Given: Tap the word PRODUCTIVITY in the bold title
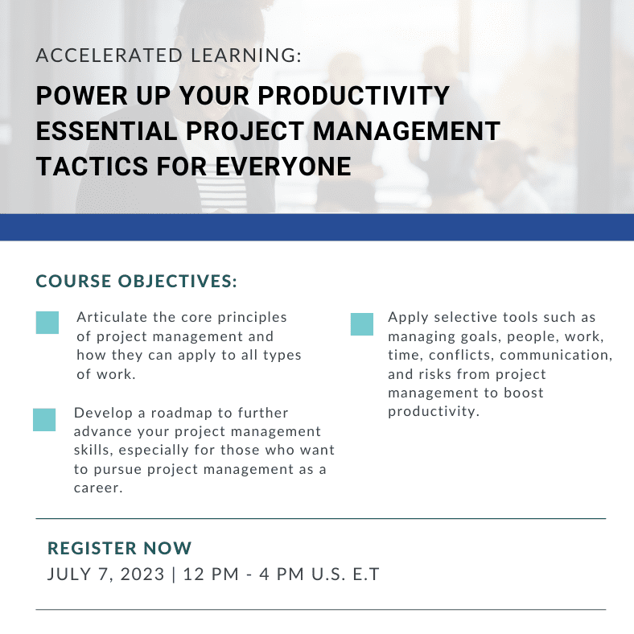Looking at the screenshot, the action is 353,96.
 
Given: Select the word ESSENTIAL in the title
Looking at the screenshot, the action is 107,131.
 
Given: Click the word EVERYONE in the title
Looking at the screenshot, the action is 283,167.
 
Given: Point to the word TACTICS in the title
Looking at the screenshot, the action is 93,167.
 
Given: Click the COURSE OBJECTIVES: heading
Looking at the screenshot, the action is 136,282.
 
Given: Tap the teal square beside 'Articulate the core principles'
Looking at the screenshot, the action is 47,323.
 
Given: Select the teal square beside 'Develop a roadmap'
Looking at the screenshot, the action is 44,420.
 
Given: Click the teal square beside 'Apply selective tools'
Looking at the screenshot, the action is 362,324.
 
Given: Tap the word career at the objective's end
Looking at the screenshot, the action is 97,488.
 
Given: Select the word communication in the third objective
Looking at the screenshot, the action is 556,355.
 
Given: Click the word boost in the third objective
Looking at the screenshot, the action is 524,393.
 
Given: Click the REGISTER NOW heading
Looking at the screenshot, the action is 120,548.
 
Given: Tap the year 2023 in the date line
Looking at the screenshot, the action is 142,574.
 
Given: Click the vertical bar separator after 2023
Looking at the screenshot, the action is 174,574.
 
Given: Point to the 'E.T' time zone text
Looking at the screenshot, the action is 366,574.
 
